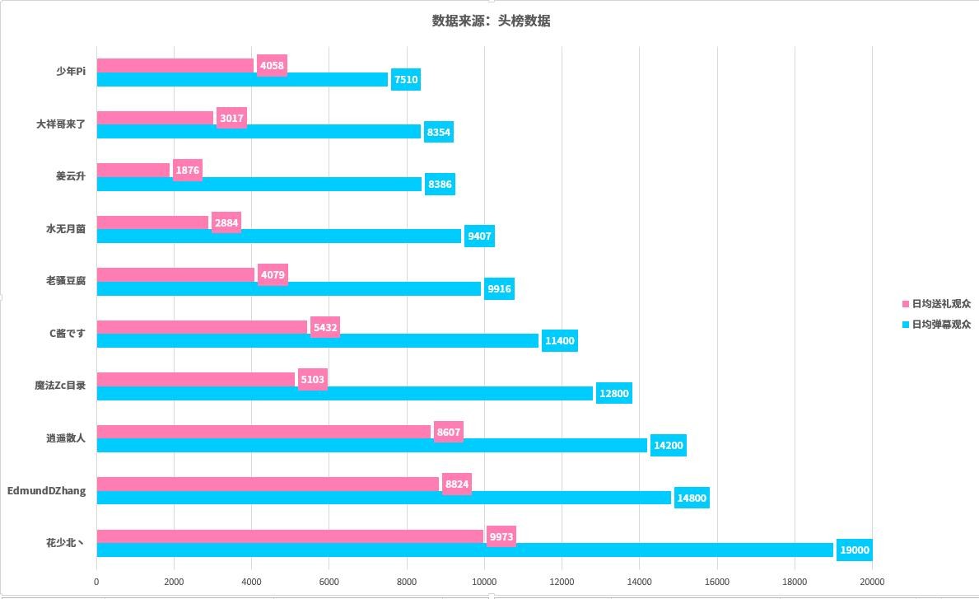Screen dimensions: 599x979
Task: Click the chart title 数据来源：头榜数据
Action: (491, 21)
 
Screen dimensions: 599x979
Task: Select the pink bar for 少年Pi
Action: (175, 65)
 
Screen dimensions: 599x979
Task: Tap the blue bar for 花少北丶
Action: (465, 550)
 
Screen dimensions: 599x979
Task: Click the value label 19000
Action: (854, 550)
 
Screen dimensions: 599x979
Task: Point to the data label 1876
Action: (188, 171)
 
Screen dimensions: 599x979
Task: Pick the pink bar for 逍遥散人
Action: (263, 432)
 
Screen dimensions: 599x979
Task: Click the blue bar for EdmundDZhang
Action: (384, 498)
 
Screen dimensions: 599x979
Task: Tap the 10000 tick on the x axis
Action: (484, 582)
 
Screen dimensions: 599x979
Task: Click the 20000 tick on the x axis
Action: (872, 582)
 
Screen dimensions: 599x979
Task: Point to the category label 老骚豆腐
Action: (66, 281)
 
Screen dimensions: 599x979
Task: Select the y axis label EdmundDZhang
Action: (46, 491)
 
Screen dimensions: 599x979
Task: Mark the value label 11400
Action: (560, 341)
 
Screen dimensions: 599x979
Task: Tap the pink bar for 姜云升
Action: (133, 170)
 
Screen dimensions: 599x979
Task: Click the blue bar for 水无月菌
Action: (279, 236)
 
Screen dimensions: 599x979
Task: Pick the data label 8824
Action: (457, 484)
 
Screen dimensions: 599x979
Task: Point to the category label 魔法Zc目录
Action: (60, 386)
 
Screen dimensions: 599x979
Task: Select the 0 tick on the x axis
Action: (96, 582)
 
